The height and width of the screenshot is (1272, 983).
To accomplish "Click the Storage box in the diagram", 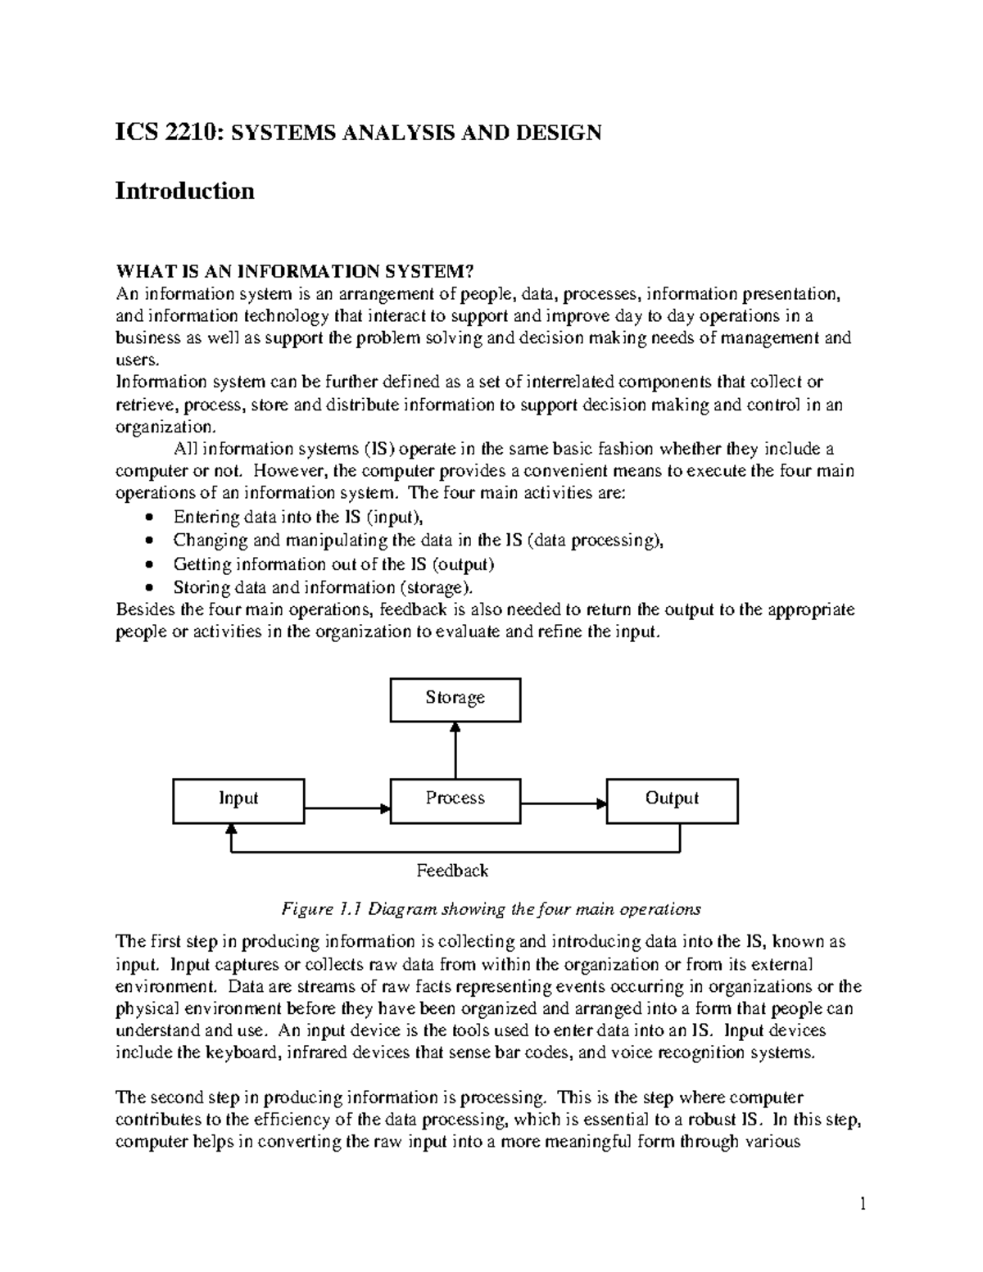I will tap(455, 699).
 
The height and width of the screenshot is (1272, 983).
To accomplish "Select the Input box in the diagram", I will tap(238, 800).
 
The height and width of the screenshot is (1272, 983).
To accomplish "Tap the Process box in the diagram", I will tap(455, 800).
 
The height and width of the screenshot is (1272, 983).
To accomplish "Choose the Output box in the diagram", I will tap(672, 800).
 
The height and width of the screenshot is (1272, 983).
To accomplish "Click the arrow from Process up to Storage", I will tap(455, 749).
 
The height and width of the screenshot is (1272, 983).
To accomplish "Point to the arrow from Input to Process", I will tap(347, 808).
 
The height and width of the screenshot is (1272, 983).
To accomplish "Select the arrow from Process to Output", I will tap(563, 803).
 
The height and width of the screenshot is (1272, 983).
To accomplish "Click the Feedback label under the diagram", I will tap(452, 871).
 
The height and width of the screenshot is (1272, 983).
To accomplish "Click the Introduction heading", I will tap(184, 192).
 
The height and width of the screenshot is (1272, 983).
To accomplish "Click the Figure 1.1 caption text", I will tap(491, 909).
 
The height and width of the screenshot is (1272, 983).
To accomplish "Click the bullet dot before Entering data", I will tap(148, 518).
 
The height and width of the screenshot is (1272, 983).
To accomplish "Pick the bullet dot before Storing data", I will tap(148, 588).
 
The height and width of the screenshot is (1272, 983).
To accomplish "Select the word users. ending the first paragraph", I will tap(134, 360).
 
